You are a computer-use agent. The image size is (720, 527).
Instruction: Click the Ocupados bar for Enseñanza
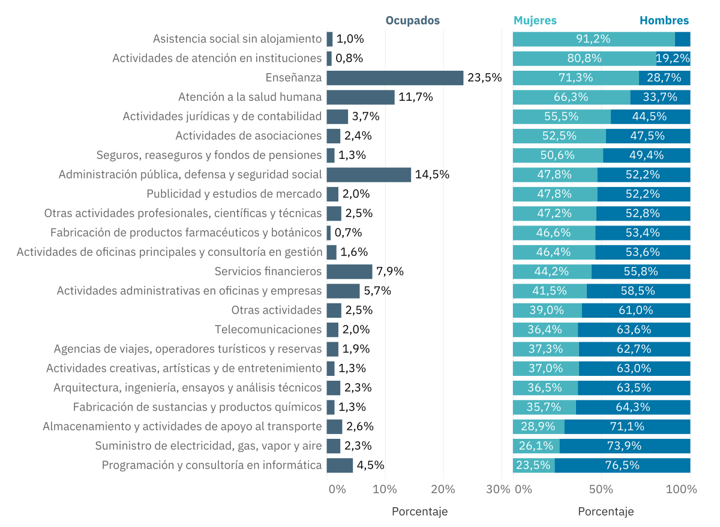(395, 78)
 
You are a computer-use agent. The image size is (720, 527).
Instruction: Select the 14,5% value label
(432, 175)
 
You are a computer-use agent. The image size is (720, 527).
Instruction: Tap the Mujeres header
(535, 20)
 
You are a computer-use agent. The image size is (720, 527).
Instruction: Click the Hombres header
(664, 20)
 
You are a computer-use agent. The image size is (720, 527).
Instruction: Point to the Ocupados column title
(412, 20)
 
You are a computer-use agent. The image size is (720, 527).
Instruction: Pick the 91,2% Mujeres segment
(593, 39)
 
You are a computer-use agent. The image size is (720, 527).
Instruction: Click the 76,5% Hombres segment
(622, 465)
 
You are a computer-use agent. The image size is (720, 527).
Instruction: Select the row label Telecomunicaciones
(268, 330)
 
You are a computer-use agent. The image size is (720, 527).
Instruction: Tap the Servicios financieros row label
(268, 272)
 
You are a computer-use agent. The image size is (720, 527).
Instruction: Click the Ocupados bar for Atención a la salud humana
(361, 97)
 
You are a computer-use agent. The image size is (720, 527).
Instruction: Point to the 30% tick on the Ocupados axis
(498, 489)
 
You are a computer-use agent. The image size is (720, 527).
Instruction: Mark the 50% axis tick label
(601, 489)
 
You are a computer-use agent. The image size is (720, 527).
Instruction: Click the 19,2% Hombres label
(673, 59)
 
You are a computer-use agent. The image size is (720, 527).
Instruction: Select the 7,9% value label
(390, 272)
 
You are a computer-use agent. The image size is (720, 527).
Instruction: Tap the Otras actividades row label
(277, 311)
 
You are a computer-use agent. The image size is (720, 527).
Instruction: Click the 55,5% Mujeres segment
(562, 117)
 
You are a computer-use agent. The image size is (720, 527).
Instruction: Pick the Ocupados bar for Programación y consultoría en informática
(340, 465)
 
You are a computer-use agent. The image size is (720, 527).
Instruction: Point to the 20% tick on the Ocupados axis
(443, 489)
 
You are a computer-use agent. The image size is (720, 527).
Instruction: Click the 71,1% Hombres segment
(627, 427)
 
